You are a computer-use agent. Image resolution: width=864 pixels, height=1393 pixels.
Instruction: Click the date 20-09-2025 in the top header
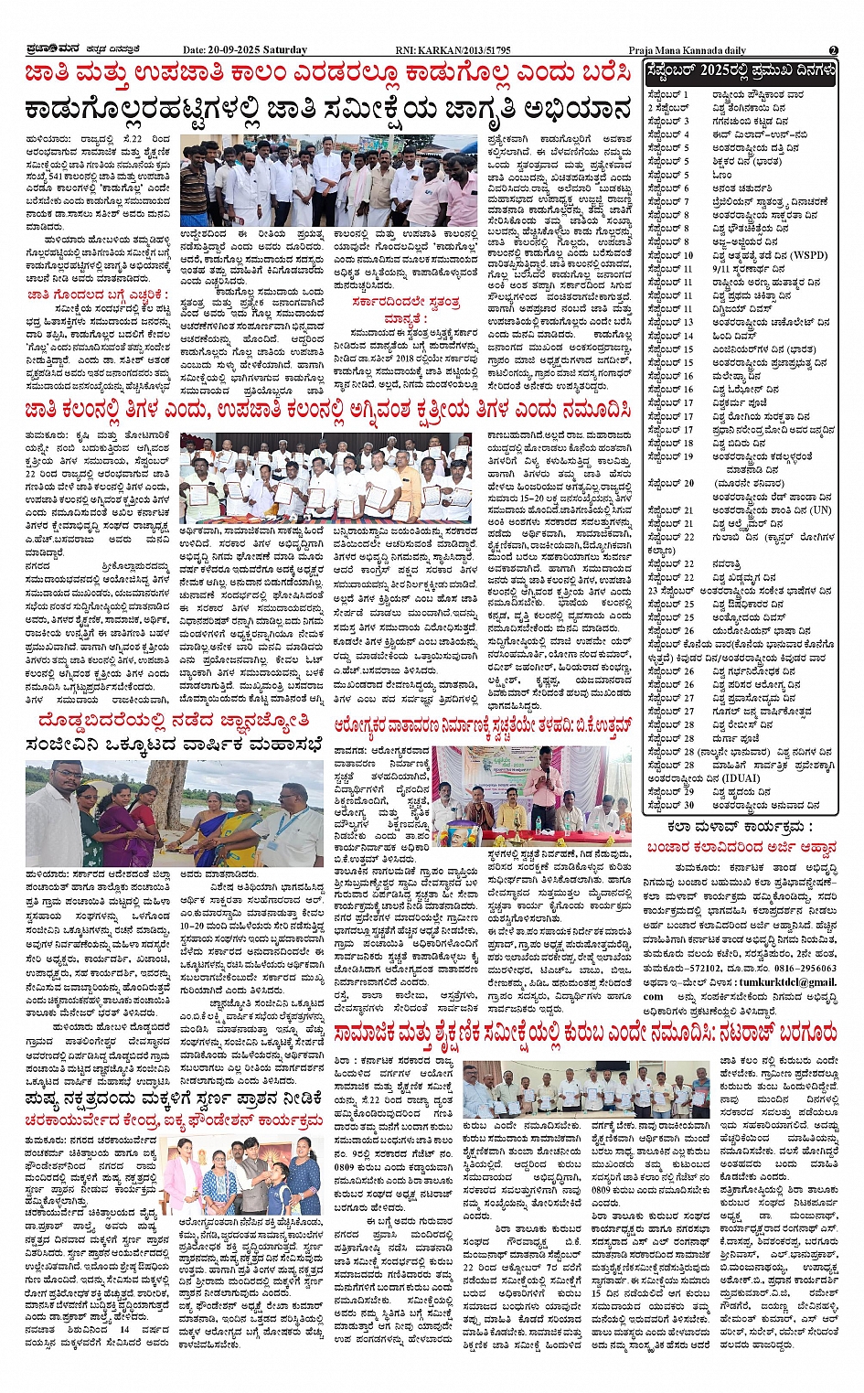tap(235, 50)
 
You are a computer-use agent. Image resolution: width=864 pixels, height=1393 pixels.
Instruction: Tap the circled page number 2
tap(833, 50)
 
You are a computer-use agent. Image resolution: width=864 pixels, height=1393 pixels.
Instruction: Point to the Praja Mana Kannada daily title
tap(687, 50)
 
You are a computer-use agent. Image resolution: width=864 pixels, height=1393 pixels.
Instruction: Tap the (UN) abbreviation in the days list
tap(820, 509)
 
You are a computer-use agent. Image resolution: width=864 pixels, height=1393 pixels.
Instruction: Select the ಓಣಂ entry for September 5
tap(722, 175)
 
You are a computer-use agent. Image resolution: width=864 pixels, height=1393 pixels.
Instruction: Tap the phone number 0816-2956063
tap(805, 968)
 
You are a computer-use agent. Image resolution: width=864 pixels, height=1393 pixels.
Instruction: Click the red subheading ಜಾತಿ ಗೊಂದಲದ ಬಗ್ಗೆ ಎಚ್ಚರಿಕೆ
tap(98, 295)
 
